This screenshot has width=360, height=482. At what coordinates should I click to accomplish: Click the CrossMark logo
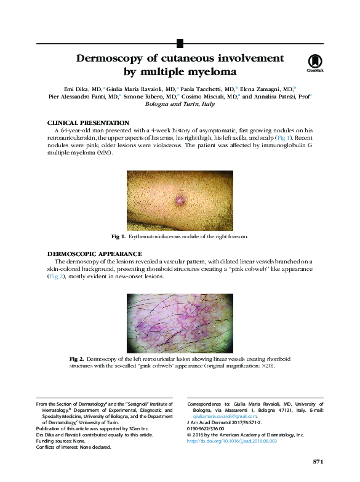click(314, 63)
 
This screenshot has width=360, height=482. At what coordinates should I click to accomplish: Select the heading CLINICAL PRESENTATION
click(88, 123)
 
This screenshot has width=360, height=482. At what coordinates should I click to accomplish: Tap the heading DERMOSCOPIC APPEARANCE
click(94, 254)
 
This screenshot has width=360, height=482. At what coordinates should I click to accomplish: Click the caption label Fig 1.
click(118, 236)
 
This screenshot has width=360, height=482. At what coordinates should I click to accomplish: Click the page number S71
click(318, 461)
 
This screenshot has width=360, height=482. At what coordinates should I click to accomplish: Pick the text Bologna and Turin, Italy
click(180, 105)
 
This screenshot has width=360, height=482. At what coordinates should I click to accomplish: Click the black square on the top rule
click(180, 43)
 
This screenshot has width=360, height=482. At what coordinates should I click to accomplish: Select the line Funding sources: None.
click(61, 441)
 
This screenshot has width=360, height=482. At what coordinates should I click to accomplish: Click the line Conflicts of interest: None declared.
click(74, 448)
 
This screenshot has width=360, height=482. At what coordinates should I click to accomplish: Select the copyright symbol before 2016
click(188, 435)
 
